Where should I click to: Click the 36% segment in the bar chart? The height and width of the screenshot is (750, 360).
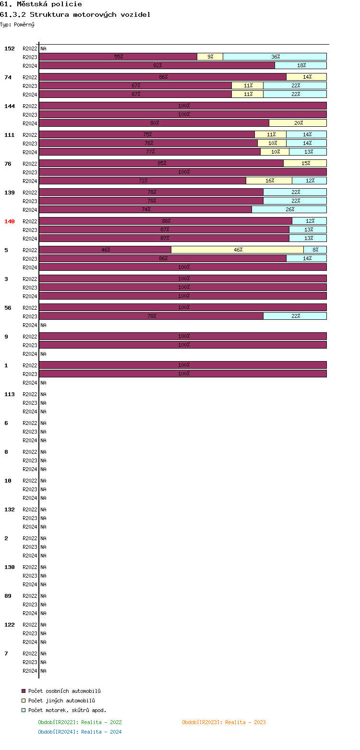click(x=275, y=57)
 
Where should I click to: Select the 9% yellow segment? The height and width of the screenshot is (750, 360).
click(x=210, y=57)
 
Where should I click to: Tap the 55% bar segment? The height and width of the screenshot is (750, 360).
click(x=118, y=57)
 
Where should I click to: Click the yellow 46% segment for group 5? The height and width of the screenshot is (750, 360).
click(x=238, y=250)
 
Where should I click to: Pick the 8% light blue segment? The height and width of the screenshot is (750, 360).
click(x=315, y=250)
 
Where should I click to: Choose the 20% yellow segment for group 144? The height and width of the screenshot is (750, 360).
click(x=298, y=123)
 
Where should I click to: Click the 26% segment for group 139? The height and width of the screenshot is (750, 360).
click(x=289, y=209)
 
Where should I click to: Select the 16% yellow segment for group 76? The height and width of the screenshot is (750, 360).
click(x=269, y=181)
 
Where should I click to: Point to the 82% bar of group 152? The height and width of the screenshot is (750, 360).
click(x=157, y=65)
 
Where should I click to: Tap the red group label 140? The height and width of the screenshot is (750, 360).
click(x=10, y=221)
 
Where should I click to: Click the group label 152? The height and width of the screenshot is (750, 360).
click(x=10, y=48)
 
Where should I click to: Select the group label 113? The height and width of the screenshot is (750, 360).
click(x=10, y=394)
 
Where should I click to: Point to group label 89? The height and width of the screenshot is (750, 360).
click(x=8, y=596)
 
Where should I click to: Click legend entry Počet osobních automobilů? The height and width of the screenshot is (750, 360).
click(x=64, y=691)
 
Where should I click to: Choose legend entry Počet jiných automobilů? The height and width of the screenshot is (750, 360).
click(x=61, y=701)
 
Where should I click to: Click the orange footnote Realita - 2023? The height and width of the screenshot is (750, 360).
click(x=224, y=722)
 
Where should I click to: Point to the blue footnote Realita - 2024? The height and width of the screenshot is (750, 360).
click(x=80, y=732)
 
